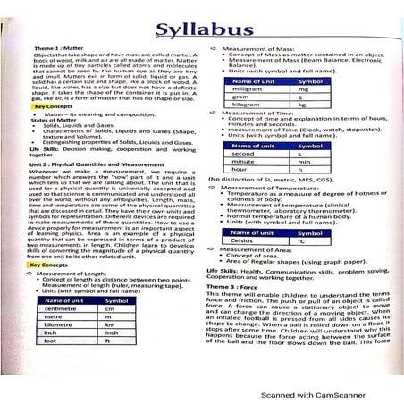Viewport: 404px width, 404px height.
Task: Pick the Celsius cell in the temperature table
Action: point(242,240)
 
